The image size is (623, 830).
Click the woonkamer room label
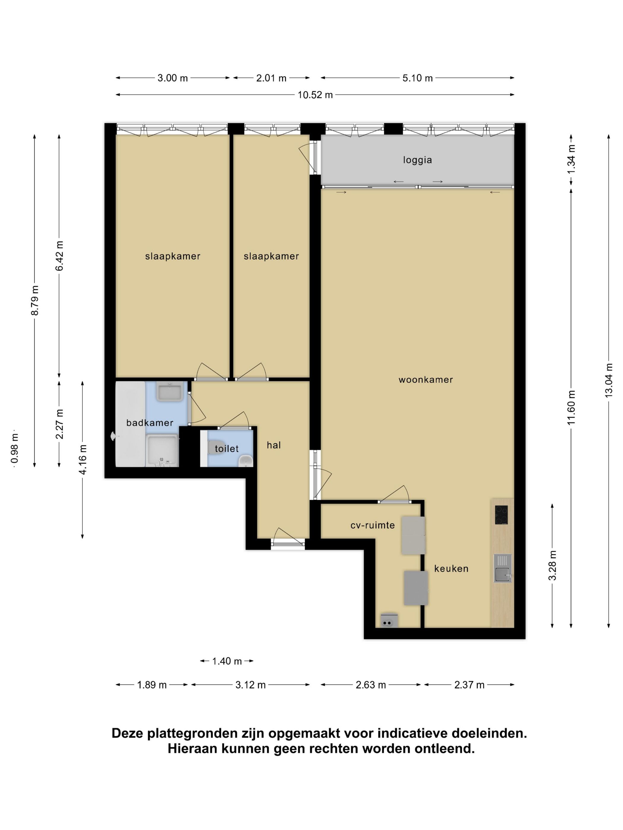(425, 380)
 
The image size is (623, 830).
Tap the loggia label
(417, 160)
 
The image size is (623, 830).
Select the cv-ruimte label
(373, 525)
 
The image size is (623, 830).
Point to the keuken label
(451, 569)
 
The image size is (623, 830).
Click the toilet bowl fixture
(216, 448)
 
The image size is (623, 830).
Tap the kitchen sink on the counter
(503, 568)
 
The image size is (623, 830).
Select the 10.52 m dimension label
(315, 95)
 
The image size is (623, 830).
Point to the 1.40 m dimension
(227, 661)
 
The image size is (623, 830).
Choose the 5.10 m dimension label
(418, 78)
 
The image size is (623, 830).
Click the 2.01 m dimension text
(271, 78)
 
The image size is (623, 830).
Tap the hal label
(274, 446)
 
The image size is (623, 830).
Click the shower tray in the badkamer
(162, 450)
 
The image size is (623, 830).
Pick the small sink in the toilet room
(246, 460)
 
